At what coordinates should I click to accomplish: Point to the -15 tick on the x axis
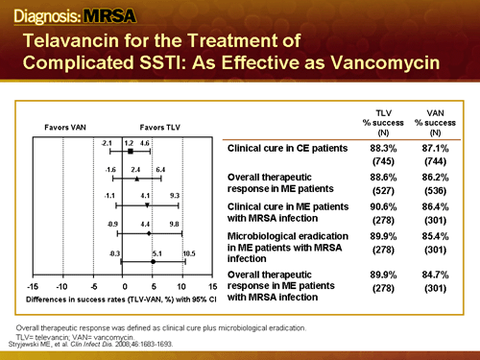(34, 286)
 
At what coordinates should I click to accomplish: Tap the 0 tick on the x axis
(124, 286)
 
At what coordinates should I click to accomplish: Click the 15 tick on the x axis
(212, 286)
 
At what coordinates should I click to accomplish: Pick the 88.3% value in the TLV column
(384, 149)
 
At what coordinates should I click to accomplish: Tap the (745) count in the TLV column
(384, 162)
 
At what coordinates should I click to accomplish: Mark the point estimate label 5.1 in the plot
(157, 252)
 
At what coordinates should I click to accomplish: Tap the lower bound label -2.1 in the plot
(108, 142)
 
